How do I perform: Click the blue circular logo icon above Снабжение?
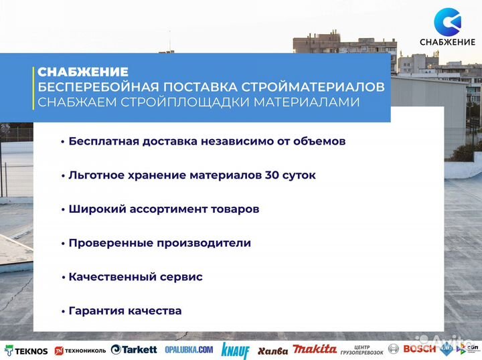tap(447, 21)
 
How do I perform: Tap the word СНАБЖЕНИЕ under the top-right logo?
tap(447, 43)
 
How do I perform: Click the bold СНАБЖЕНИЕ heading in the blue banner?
tap(83, 72)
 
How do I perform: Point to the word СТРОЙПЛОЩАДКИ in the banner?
tap(167, 102)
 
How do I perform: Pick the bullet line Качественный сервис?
tap(135, 276)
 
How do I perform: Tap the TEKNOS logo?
tap(27, 350)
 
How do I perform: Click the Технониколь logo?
tap(80, 350)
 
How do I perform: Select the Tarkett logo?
tap(134, 349)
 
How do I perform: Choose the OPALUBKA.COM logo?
tap(189, 349)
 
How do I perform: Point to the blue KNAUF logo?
tap(236, 350)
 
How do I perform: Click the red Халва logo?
tap(272, 351)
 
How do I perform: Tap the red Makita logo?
tap(315, 349)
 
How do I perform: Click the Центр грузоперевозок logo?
tap(362, 349)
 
